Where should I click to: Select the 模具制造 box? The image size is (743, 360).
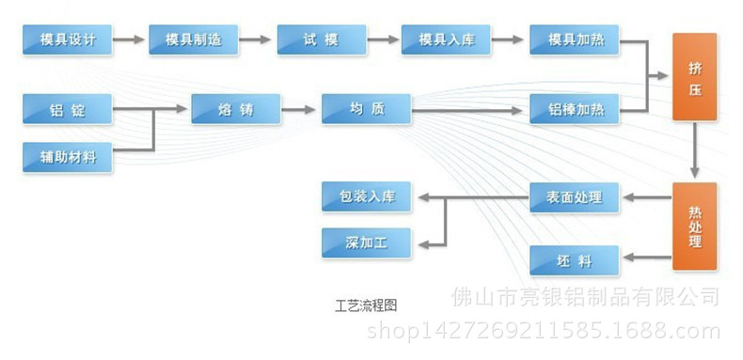(x=193, y=39)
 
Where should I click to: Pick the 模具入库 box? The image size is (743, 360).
(x=447, y=39)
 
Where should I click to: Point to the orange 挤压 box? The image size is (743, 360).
(x=694, y=77)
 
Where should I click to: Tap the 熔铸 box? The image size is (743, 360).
(x=236, y=110)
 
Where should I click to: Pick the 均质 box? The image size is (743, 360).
(x=366, y=110)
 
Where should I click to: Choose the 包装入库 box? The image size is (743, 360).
(x=367, y=197)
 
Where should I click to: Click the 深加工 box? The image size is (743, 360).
(x=367, y=243)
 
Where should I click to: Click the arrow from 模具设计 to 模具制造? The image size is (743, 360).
(x=130, y=39)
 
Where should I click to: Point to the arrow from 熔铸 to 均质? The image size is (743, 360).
(x=301, y=110)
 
